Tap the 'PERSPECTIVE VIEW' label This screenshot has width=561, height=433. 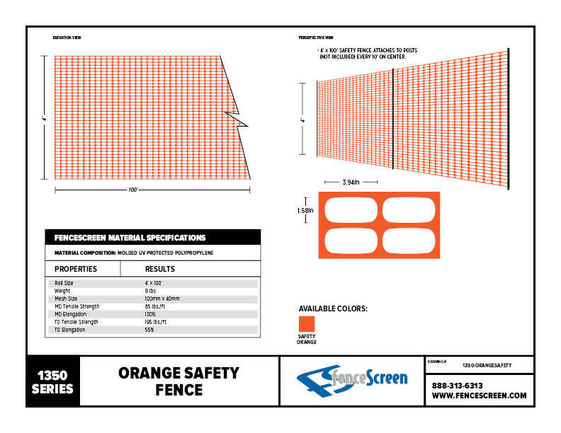(x=317, y=37)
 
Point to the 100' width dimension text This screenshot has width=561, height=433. (x=132, y=190)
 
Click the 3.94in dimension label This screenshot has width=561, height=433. (x=351, y=183)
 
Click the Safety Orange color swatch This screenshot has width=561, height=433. (x=306, y=323)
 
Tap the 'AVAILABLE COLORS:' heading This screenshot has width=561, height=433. (x=332, y=308)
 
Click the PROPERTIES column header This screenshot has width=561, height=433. (x=76, y=269)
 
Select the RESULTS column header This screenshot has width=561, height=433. (x=160, y=269)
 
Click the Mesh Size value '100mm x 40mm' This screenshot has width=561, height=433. (x=162, y=299)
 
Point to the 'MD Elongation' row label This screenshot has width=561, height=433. (x=71, y=314)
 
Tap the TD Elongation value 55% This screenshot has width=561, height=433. (x=149, y=330)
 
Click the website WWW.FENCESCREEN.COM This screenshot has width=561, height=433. (x=479, y=396)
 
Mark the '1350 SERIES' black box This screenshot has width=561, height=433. (x=53, y=381)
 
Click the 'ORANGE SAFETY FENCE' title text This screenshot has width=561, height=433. (x=178, y=381)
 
